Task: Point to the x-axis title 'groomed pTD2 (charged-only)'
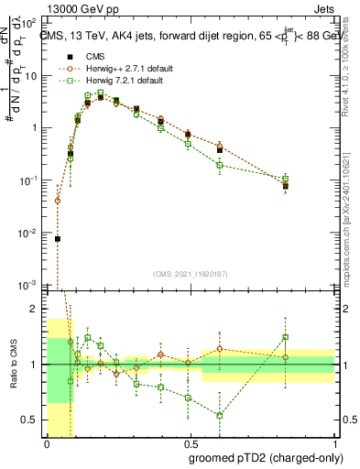[266, 457]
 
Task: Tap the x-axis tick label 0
[48, 444]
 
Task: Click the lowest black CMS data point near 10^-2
[58, 239]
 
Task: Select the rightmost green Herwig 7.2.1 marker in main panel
[286, 179]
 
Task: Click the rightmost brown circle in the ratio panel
[286, 357]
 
